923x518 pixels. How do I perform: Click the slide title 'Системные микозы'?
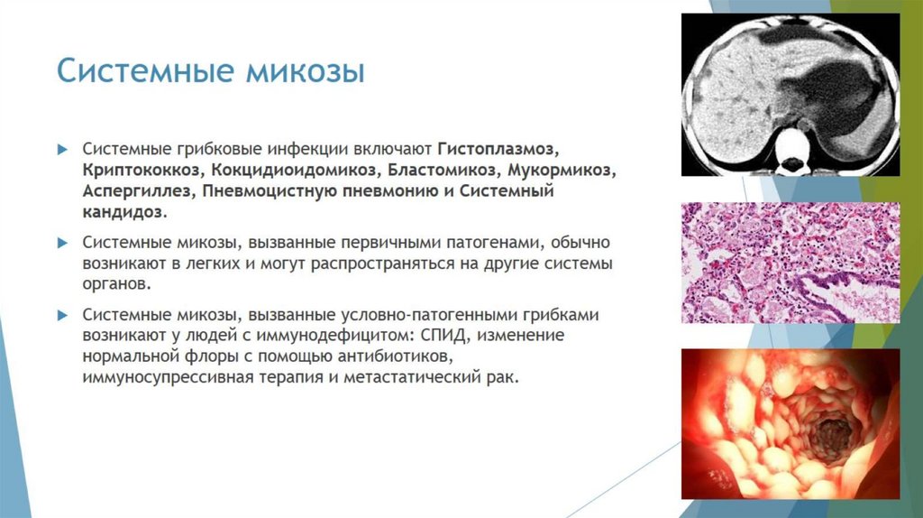coord(210,71)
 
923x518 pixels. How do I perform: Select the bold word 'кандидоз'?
coord(123,215)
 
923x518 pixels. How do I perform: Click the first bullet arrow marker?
coord(62,148)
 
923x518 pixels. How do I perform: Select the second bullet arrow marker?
coord(62,244)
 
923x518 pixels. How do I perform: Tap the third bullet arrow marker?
coord(62,315)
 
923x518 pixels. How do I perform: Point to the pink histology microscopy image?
coord(790,262)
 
